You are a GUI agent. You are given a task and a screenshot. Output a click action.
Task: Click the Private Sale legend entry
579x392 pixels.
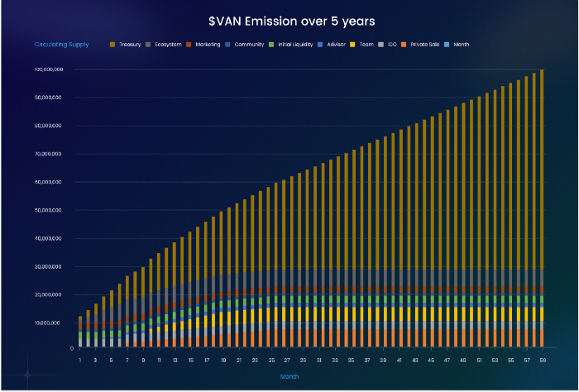point(423,44)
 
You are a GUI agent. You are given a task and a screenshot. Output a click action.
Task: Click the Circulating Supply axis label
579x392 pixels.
point(62,44)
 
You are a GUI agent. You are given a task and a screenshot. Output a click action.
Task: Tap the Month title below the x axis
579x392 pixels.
point(289,375)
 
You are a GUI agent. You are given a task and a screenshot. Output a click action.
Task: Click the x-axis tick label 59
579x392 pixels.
point(542,361)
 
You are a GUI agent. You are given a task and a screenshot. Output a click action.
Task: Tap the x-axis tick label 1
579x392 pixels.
point(80,361)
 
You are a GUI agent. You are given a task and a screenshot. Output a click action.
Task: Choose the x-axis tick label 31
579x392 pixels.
point(318,361)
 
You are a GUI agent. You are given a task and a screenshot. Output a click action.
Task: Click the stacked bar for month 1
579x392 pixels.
point(80,331)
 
